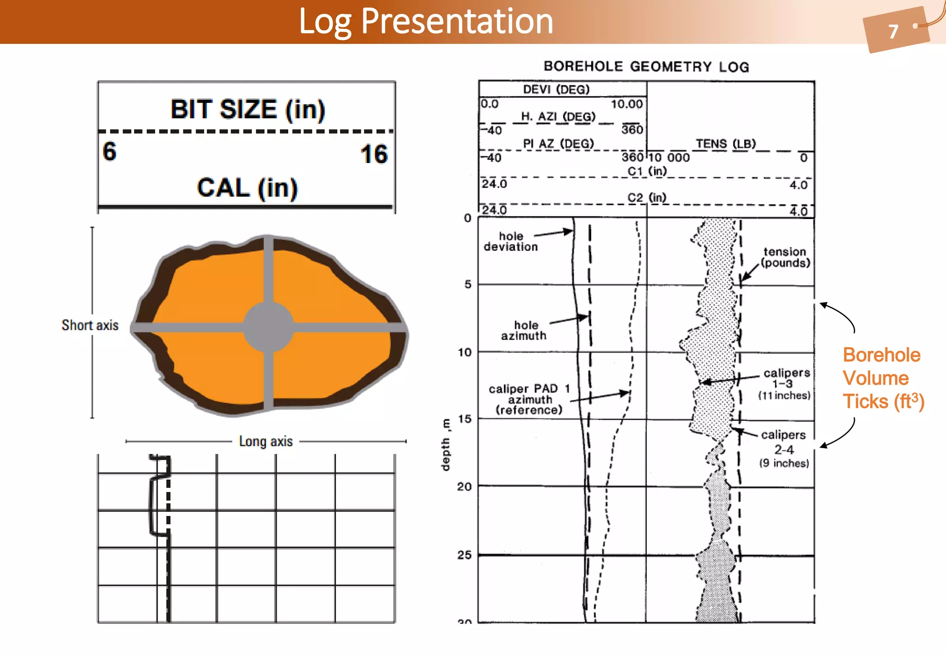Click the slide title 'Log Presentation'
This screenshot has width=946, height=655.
[425, 21]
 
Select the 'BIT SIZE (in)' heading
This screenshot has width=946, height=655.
[248, 109]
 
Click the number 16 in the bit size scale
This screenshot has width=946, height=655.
[374, 154]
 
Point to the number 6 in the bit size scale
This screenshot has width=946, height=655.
[109, 152]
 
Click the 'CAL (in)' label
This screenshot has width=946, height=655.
[247, 188]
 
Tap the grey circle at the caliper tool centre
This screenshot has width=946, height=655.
[268, 327]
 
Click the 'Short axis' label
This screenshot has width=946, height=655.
[90, 325]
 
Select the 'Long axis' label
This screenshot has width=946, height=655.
[266, 441]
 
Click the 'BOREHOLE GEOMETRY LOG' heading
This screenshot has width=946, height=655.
[646, 67]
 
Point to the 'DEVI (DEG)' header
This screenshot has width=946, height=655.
[556, 89]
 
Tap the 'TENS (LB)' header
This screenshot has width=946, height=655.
[726, 144]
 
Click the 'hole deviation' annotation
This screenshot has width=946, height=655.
[510, 242]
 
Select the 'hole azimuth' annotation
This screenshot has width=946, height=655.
[524, 330]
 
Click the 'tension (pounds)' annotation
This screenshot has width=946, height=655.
[785, 257]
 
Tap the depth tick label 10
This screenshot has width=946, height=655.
[465, 352]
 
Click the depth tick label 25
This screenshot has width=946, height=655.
[465, 555]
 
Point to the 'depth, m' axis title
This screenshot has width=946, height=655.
[446, 445]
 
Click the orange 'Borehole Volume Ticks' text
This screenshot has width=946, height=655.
[883, 378]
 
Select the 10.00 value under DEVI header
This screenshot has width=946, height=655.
[626, 104]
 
